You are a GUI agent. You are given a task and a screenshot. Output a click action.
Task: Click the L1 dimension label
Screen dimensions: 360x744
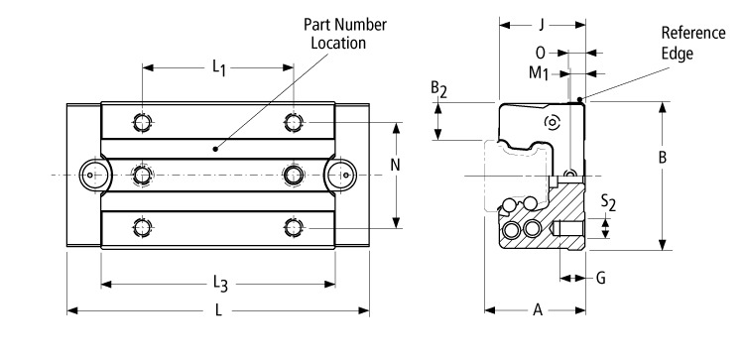(218, 68)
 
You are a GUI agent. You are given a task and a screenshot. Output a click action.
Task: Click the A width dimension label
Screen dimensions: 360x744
(537, 311)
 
